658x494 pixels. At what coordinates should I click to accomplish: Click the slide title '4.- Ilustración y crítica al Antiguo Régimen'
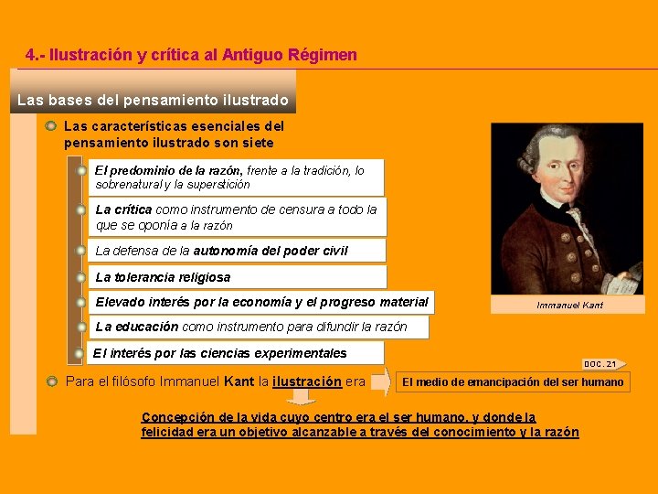(192, 55)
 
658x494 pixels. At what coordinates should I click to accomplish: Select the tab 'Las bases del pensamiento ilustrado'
(153, 100)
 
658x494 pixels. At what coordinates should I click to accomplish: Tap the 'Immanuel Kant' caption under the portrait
(569, 305)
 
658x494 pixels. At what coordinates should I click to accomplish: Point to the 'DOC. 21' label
(601, 363)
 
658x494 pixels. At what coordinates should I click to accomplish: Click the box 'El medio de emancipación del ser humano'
(513, 381)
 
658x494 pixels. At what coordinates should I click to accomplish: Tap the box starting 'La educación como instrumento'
(251, 327)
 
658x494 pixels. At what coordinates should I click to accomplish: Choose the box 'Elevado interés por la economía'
(261, 302)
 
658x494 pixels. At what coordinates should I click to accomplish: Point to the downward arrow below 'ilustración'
(301, 397)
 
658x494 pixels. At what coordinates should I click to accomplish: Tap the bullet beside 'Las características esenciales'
(52, 126)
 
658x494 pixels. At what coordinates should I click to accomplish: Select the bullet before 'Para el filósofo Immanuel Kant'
(52, 381)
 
